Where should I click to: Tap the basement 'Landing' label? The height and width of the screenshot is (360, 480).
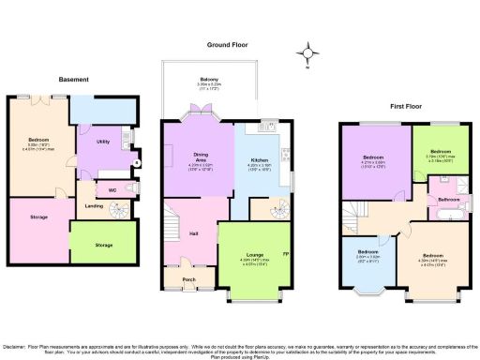(95, 206)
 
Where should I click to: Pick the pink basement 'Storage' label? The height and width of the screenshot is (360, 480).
(39, 217)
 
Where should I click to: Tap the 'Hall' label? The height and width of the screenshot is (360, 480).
(193, 232)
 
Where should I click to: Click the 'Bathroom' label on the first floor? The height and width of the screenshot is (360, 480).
(447, 200)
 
